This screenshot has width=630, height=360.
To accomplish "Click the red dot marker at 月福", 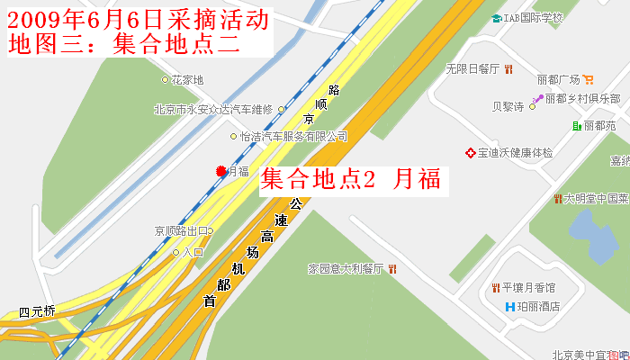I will (x=220, y=171).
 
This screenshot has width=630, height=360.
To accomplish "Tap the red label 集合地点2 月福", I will (x=350, y=179).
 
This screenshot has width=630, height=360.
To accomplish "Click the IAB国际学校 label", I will (x=533, y=18).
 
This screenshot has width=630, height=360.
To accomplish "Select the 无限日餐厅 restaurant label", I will (x=472, y=68).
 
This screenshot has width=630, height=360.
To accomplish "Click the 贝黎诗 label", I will (x=508, y=106).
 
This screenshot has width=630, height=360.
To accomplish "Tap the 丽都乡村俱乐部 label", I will (x=582, y=98).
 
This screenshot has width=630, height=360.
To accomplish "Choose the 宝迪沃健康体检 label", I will (x=515, y=152).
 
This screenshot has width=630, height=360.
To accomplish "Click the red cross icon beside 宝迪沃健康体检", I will (x=470, y=152).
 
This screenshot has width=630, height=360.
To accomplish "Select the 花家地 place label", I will (x=187, y=80).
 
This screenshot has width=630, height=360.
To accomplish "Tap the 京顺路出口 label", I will (x=181, y=230).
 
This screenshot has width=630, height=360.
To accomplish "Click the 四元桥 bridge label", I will (x=37, y=311).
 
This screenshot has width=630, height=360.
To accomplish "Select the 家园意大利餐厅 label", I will (x=346, y=268).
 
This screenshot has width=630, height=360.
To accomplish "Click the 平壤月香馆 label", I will (x=529, y=288).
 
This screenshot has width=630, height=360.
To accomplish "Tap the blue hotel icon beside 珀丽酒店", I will (x=509, y=306).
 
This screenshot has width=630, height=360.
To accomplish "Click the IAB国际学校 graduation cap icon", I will (x=497, y=18).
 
